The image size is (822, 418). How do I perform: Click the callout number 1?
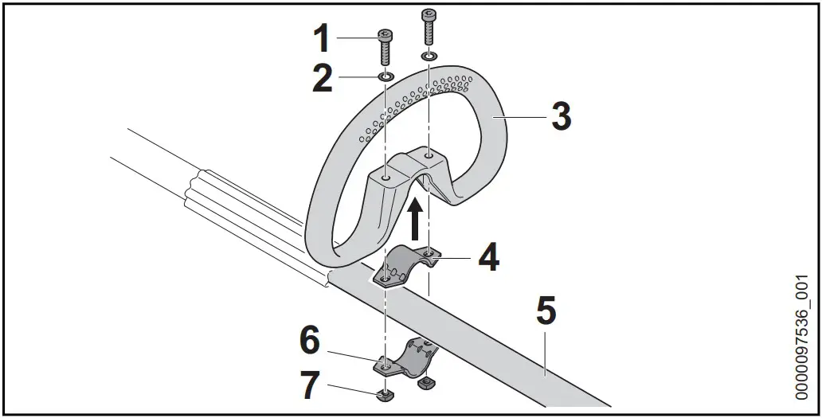[x=322, y=38]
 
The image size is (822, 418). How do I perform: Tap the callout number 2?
[x=322, y=80]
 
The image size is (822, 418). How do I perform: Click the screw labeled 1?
[x=385, y=46]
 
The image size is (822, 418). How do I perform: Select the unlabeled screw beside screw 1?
[x=429, y=27]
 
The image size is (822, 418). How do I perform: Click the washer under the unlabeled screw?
[x=429, y=57]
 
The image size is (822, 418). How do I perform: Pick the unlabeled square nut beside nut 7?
[x=425, y=384]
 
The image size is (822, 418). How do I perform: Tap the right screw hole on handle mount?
[x=429, y=156]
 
